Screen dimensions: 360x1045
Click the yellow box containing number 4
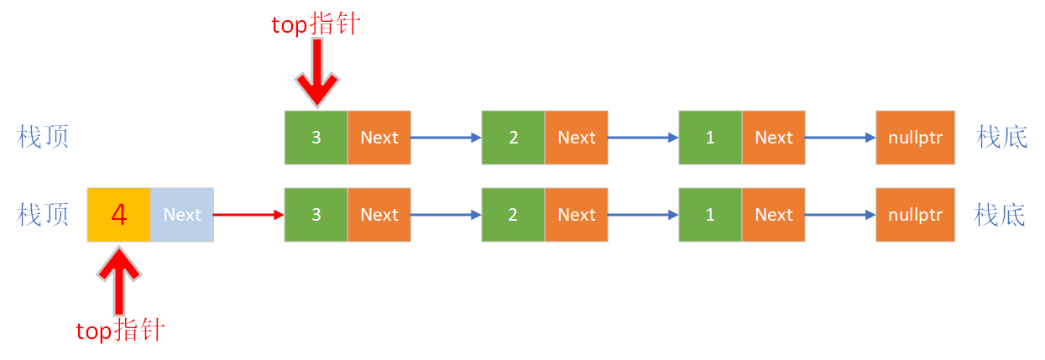click(x=119, y=215)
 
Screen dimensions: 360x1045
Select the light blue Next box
click(x=182, y=215)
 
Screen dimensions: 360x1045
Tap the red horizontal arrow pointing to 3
click(x=248, y=215)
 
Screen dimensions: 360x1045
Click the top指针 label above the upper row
click(x=315, y=24)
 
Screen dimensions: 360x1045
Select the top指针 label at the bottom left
click(x=120, y=331)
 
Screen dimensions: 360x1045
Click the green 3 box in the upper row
click(x=316, y=138)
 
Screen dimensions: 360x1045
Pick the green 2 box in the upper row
click(x=513, y=138)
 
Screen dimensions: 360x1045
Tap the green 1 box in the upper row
click(x=710, y=138)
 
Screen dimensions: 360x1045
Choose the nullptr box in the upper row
click(x=915, y=138)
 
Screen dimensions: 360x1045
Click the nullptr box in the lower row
click(x=915, y=215)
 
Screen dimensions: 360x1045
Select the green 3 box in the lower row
click(x=316, y=215)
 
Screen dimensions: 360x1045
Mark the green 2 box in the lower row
click(x=513, y=215)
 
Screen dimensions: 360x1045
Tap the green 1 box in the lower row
click(x=710, y=215)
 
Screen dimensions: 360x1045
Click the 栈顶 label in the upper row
click(x=43, y=137)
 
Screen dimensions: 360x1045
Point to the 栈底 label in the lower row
click(x=1001, y=215)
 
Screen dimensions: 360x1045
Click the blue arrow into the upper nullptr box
click(x=839, y=138)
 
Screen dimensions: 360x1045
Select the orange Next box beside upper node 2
click(x=576, y=138)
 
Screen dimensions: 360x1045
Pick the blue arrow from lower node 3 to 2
click(x=446, y=215)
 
